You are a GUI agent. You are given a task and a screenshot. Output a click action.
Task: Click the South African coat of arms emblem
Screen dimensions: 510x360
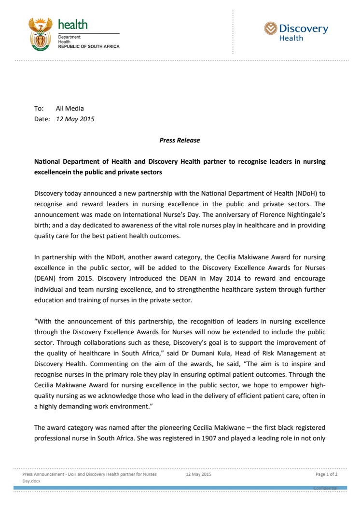click(40, 34)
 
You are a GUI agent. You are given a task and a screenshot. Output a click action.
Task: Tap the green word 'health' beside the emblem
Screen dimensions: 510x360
click(73, 24)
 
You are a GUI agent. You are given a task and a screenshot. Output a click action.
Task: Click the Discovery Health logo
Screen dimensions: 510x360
click(296, 32)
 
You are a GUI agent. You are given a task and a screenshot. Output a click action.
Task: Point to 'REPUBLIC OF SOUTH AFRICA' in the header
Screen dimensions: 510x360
click(89, 46)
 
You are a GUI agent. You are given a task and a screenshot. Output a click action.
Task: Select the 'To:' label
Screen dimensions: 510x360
click(39, 109)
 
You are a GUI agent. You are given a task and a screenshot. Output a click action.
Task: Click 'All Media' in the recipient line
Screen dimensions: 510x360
click(69, 109)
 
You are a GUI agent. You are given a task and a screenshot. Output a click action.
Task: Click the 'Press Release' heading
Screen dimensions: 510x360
click(180, 141)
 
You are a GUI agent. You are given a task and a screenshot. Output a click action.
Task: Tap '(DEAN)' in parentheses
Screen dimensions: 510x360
click(45, 279)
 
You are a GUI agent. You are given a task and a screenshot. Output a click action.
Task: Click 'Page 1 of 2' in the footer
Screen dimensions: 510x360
click(326, 474)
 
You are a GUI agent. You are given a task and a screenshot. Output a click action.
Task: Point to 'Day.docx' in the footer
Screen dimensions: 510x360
click(32, 482)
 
